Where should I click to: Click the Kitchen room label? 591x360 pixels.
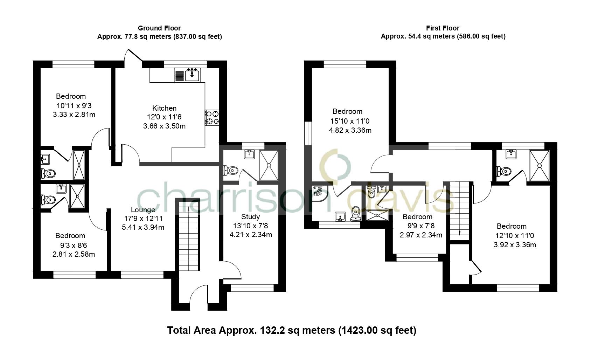click(x=164, y=108)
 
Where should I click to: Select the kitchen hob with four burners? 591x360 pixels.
click(x=212, y=117)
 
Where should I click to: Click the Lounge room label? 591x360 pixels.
click(x=143, y=210)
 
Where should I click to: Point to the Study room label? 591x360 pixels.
click(x=251, y=217)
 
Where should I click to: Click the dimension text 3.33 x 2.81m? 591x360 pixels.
click(x=74, y=114)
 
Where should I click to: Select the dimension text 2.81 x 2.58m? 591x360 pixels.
click(x=74, y=254)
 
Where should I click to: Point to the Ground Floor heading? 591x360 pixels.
click(x=159, y=28)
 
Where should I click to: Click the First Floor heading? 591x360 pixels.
click(x=443, y=28)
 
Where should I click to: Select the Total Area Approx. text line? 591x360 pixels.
click(x=292, y=330)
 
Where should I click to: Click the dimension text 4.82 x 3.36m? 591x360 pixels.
click(x=350, y=130)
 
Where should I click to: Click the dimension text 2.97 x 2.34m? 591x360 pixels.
click(x=421, y=235)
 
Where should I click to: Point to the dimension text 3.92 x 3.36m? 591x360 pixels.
click(x=515, y=244)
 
